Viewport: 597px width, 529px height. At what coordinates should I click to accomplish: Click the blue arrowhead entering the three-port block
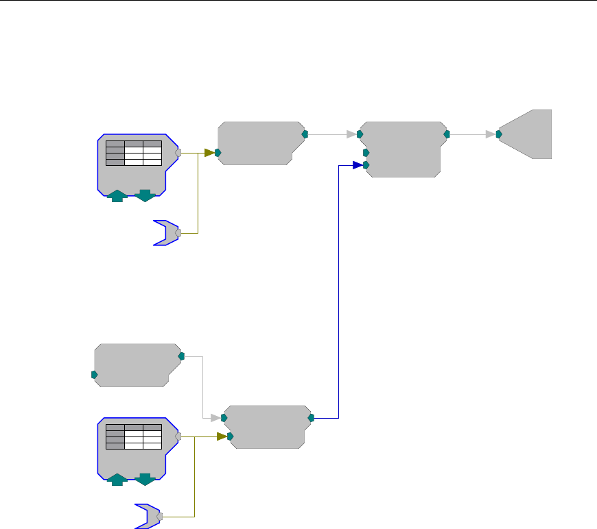click(358, 165)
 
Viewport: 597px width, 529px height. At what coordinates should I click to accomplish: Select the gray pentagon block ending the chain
click(528, 134)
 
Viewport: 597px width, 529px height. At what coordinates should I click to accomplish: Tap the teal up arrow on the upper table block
click(117, 196)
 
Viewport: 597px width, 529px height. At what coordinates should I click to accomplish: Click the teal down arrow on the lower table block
click(144, 479)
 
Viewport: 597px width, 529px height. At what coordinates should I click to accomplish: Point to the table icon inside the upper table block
click(134, 153)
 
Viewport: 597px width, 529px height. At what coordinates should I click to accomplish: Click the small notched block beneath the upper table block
click(165, 233)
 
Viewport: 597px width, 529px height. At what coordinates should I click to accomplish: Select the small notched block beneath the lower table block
click(147, 517)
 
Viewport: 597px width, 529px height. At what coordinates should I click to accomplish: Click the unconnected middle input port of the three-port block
click(366, 153)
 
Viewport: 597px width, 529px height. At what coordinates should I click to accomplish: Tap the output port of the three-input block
click(447, 134)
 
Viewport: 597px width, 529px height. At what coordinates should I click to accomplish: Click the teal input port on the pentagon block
click(499, 134)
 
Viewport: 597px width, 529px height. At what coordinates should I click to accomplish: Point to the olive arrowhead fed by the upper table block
click(209, 153)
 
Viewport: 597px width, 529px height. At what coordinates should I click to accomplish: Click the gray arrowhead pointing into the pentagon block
click(490, 134)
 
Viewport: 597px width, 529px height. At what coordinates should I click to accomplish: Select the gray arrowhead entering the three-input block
click(351, 134)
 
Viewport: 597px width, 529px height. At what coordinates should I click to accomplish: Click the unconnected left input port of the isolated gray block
click(94, 375)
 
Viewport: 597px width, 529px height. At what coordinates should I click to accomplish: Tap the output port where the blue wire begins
click(312, 417)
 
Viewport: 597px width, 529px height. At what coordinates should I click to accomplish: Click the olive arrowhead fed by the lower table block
click(222, 436)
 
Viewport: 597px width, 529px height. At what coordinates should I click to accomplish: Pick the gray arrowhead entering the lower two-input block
click(215, 417)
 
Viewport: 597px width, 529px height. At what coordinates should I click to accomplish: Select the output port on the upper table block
click(178, 153)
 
